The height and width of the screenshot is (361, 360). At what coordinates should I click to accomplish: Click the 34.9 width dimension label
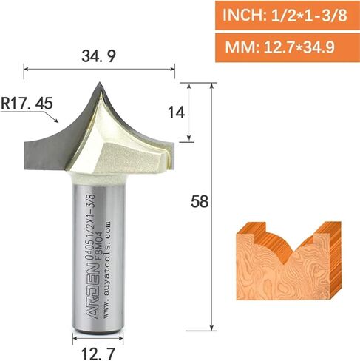98,56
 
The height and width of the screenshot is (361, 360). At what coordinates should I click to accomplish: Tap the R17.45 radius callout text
27,103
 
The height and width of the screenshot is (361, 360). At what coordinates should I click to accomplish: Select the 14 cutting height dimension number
176,113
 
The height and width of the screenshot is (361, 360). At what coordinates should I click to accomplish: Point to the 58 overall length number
200,201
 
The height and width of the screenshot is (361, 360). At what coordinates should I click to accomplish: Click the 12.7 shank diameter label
98,354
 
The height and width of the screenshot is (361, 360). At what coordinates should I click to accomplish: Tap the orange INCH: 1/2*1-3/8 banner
288,16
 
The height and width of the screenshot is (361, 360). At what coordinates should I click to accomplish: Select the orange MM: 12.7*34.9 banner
288,48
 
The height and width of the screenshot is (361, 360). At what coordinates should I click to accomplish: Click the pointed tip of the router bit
99,82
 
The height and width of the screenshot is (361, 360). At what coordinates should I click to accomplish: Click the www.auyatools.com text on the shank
106,271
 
